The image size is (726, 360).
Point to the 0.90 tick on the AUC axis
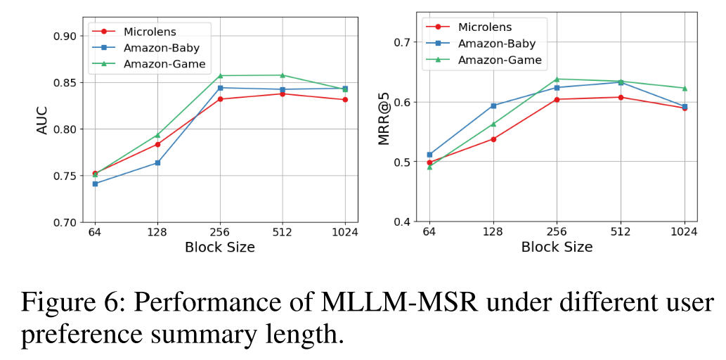[66, 36]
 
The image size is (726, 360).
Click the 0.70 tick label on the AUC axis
[66, 222]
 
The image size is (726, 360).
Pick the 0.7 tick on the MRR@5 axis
[401, 42]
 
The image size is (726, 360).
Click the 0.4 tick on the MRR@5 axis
[401, 221]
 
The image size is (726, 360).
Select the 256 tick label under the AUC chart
[220, 233]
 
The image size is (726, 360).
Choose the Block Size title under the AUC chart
[220, 247]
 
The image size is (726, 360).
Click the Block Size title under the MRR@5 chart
[557, 247]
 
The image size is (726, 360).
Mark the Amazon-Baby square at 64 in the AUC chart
[95, 184]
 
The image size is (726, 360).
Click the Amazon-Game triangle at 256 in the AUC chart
[220, 75]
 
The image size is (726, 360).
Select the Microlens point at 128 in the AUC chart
[157, 145]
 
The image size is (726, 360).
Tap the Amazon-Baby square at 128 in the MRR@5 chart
[493, 105]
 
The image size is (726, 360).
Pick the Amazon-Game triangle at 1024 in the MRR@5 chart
[685, 88]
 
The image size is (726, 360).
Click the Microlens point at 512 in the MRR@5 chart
[621, 97]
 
